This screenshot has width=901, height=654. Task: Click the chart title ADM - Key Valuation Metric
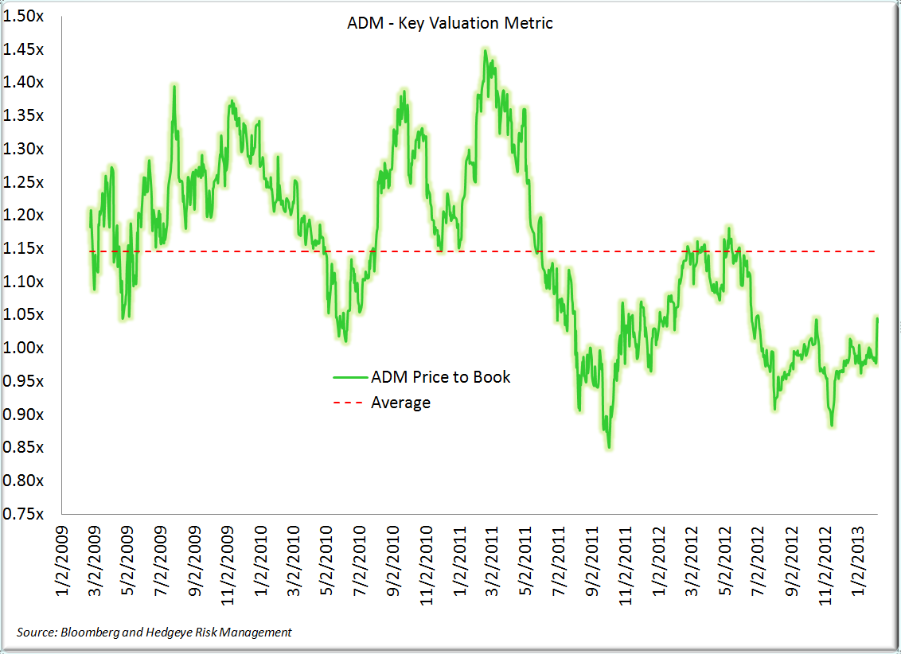(x=450, y=23)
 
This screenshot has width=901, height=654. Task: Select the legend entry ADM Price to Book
(x=440, y=376)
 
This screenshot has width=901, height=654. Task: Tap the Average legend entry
(x=400, y=403)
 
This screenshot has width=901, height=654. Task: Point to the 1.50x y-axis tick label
(x=24, y=16)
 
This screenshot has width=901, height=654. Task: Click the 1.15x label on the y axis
(x=24, y=249)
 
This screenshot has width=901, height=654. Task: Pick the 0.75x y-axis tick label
(x=24, y=515)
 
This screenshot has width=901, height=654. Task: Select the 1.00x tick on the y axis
(x=24, y=348)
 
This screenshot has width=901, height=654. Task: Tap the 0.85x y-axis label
(x=24, y=448)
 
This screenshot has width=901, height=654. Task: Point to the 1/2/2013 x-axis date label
(x=859, y=561)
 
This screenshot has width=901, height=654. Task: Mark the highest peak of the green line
(x=485, y=50)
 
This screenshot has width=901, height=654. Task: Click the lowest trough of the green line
(x=609, y=447)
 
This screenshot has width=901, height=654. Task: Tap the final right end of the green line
(x=877, y=318)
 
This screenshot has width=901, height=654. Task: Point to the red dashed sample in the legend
(x=349, y=403)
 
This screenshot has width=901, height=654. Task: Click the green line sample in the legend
(x=349, y=377)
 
